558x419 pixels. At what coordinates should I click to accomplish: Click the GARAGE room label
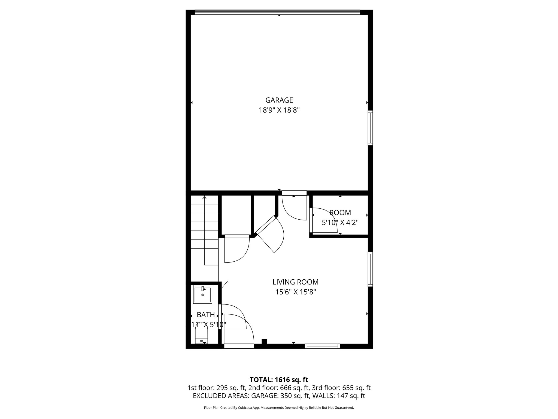tap(279, 100)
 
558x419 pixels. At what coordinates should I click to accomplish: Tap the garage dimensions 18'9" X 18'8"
tap(279, 110)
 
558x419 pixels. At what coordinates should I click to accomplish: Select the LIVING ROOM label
tap(295, 282)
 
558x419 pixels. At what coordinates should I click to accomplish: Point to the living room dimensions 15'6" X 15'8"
tap(295, 292)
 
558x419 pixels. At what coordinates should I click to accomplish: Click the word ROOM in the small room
tap(340, 213)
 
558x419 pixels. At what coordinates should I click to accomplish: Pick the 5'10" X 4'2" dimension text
tap(340, 223)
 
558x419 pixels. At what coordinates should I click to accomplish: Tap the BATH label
tap(206, 315)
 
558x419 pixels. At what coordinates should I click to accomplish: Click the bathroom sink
tap(202, 295)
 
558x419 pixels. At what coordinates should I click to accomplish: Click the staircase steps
tap(204, 226)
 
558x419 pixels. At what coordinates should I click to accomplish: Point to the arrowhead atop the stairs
tap(205, 197)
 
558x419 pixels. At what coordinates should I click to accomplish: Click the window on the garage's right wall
tap(370, 128)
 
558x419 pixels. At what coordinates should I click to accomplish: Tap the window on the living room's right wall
tap(370, 269)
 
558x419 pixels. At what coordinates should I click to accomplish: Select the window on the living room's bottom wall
tap(322, 346)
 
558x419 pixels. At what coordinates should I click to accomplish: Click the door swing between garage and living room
tap(294, 207)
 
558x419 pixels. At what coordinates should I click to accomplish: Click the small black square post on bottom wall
tap(264, 341)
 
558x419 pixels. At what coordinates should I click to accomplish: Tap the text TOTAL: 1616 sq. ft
tap(279, 380)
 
